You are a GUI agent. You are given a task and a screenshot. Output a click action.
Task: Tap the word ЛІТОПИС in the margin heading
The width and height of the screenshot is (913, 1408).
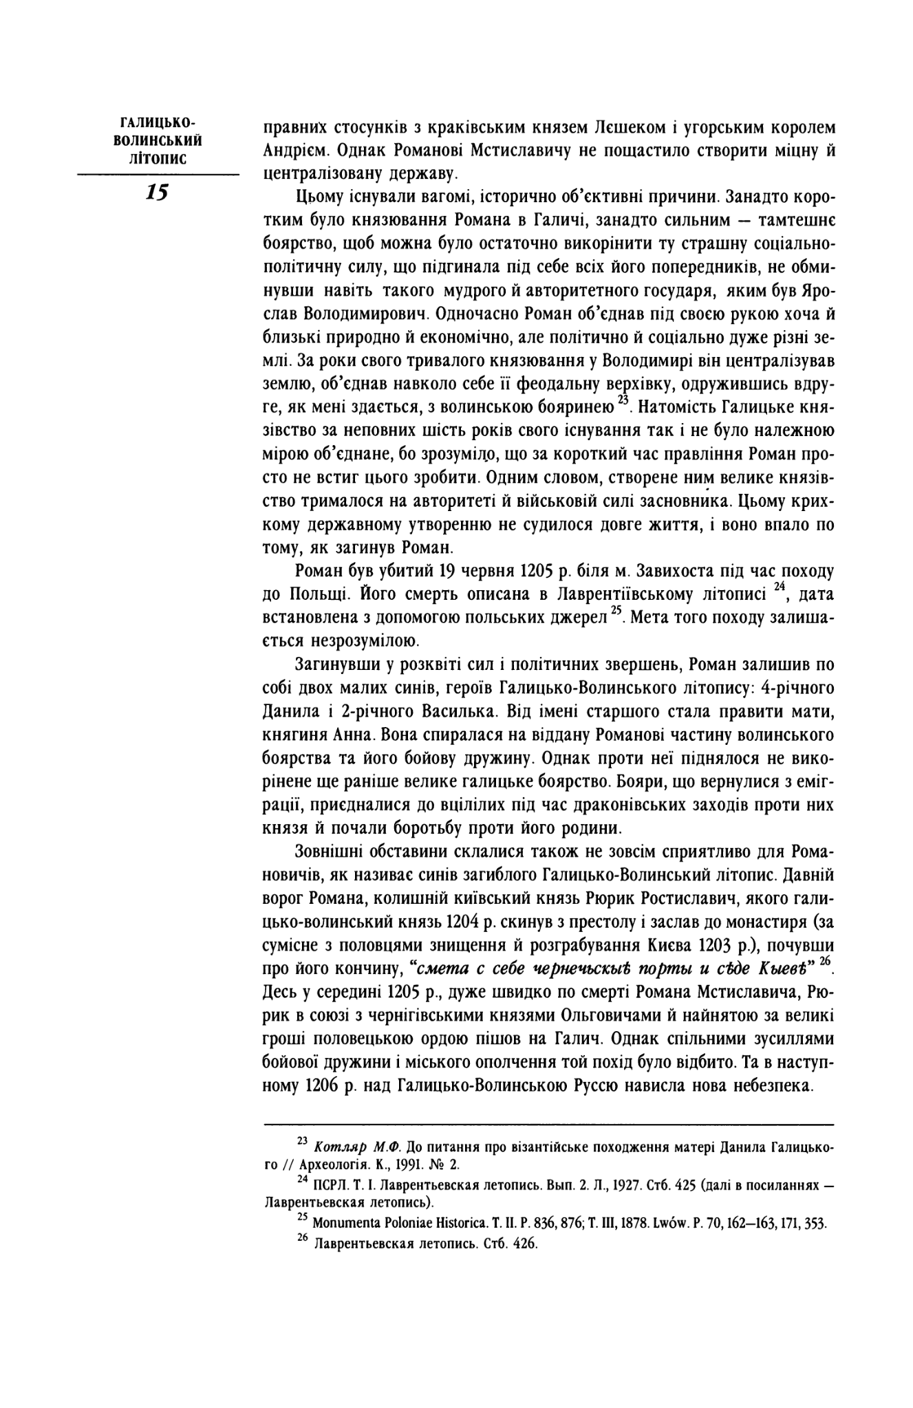pyautogui.click(x=157, y=158)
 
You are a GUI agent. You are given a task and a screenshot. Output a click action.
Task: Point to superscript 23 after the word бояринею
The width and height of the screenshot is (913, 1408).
pyautogui.click(x=623, y=401)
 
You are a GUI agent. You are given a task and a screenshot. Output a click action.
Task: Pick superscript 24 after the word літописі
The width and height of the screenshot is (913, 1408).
pyautogui.click(x=779, y=587)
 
